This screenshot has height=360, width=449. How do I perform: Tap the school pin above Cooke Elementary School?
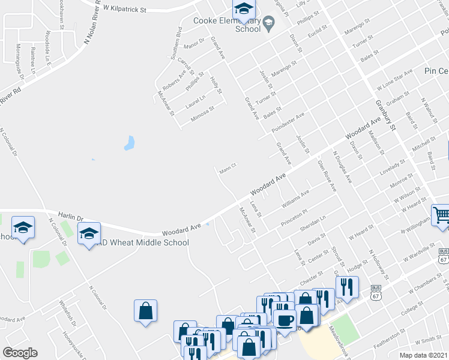tap(244, 9)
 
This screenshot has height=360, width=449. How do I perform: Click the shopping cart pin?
tap(441, 214)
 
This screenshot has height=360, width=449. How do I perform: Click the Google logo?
tap(20, 353)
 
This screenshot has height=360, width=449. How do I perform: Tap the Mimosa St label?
tap(203, 113)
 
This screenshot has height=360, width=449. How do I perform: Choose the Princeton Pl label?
tap(294, 218)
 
